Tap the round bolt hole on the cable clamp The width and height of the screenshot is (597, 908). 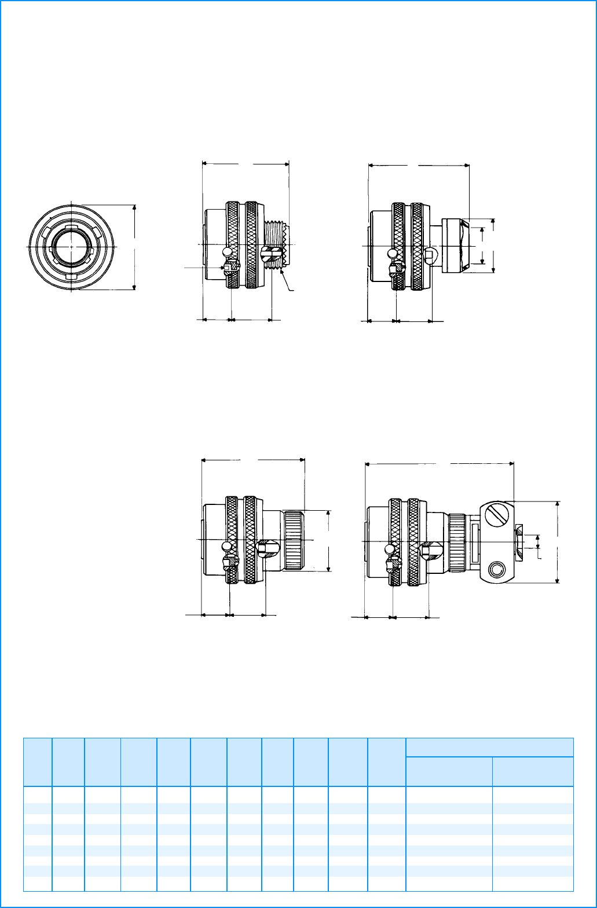(496, 570)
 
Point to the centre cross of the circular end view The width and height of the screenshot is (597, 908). (71, 246)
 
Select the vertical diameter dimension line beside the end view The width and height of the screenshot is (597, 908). (134, 246)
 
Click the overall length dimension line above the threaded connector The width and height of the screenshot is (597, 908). (246, 164)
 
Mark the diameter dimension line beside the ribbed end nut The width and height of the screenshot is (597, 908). (328, 540)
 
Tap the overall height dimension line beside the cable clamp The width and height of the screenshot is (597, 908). (557, 541)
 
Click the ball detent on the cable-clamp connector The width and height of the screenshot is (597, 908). (389, 548)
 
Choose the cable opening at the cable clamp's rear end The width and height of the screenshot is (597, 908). (519, 541)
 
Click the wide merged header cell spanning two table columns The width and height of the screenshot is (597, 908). (489, 747)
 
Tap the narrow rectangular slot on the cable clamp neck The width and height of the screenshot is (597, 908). (474, 543)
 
